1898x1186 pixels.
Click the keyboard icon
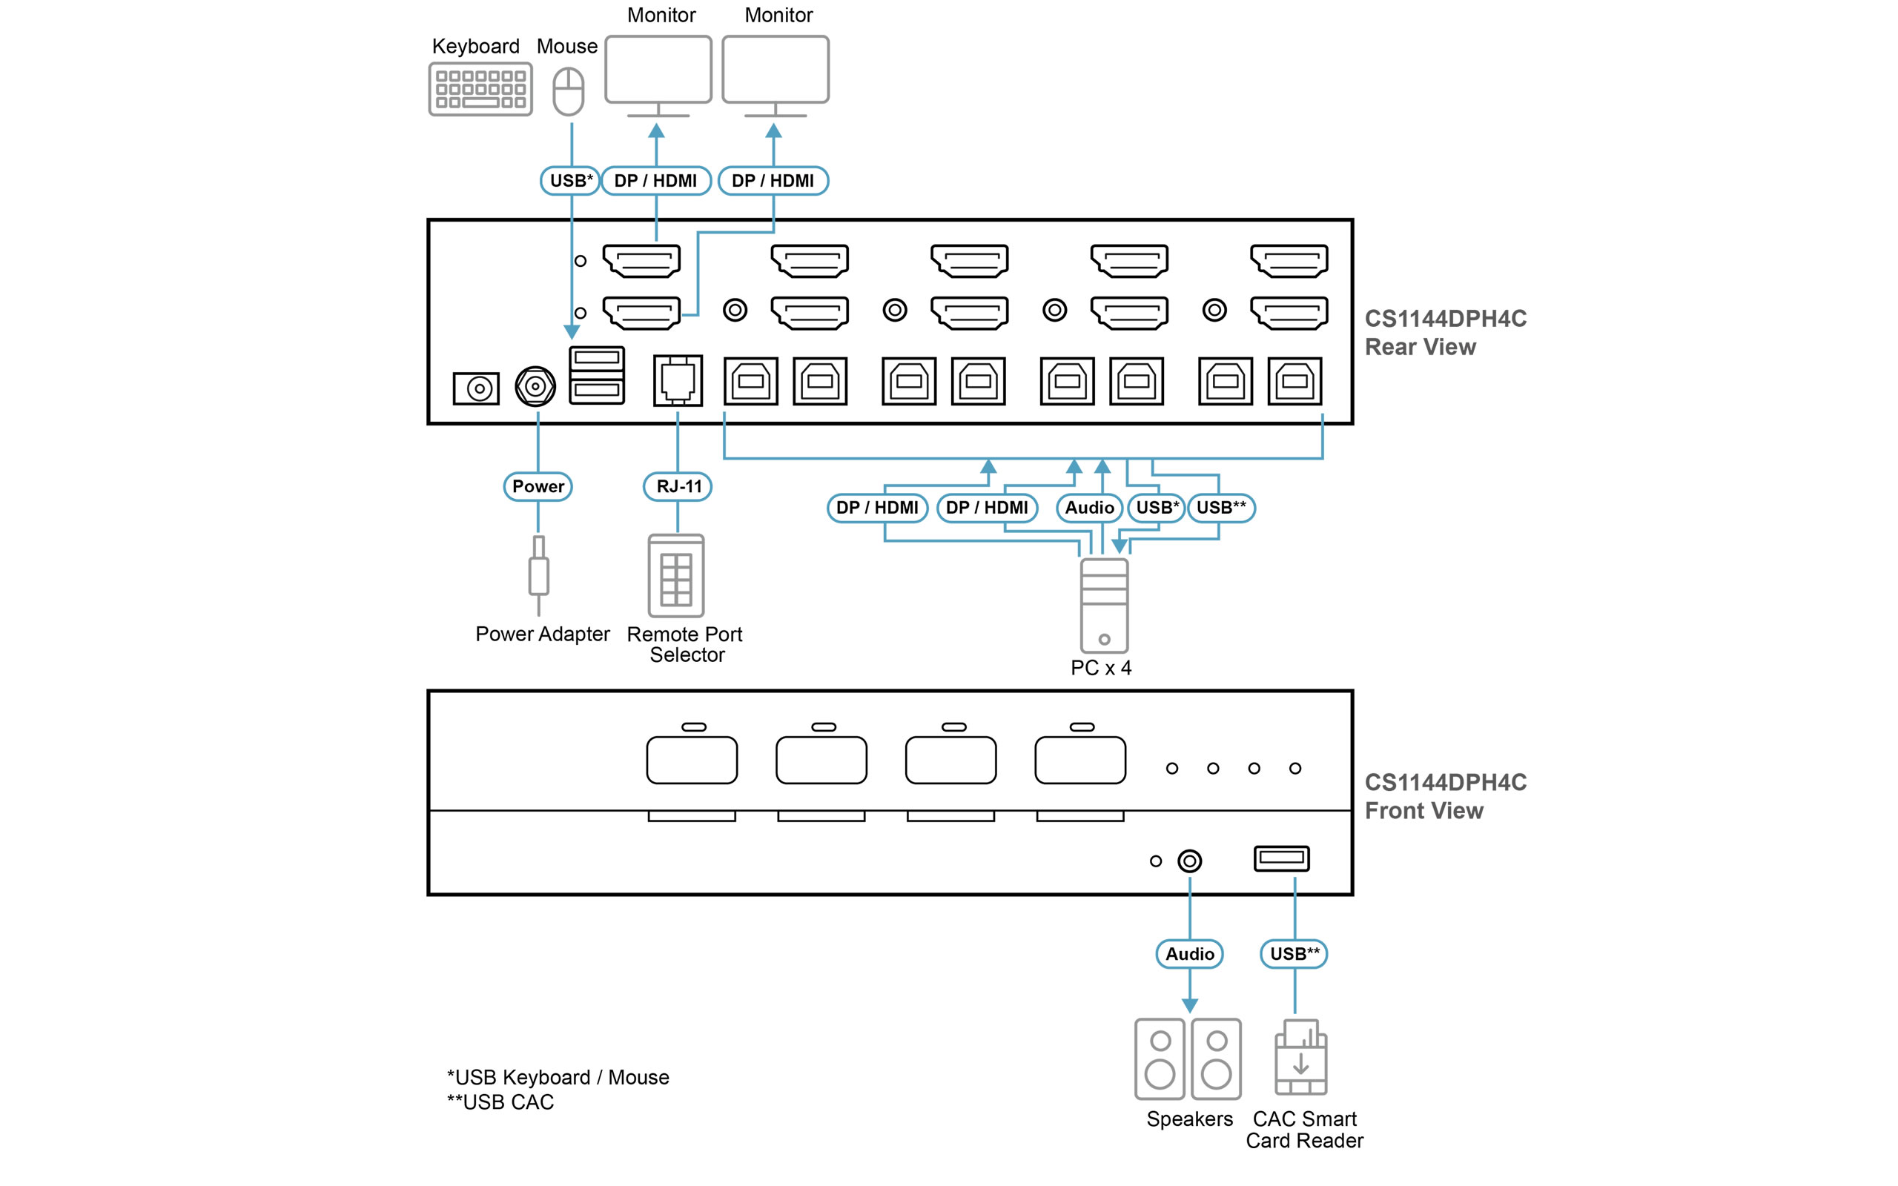click(x=480, y=90)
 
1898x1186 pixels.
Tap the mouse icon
click(x=568, y=92)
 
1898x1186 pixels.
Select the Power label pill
click(x=538, y=486)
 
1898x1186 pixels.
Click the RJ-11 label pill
click(x=678, y=486)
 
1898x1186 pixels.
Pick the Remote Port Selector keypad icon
click(x=675, y=576)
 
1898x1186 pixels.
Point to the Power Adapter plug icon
click(x=538, y=575)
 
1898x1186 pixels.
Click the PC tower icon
click(x=1103, y=605)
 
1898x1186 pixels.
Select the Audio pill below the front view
click(x=1189, y=954)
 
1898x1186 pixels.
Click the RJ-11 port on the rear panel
click(x=678, y=380)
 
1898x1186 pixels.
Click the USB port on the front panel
click(x=1280, y=858)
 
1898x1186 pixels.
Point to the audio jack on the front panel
click(x=1189, y=861)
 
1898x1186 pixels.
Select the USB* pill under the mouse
click(x=570, y=180)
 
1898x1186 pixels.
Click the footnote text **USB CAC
click(x=500, y=1102)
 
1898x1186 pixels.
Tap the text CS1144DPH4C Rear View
click(x=1445, y=333)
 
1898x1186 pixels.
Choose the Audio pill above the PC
click(x=1088, y=508)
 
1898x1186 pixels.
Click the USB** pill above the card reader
click(x=1293, y=954)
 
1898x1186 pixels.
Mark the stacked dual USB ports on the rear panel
click(x=596, y=375)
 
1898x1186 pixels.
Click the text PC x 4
click(x=1100, y=668)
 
